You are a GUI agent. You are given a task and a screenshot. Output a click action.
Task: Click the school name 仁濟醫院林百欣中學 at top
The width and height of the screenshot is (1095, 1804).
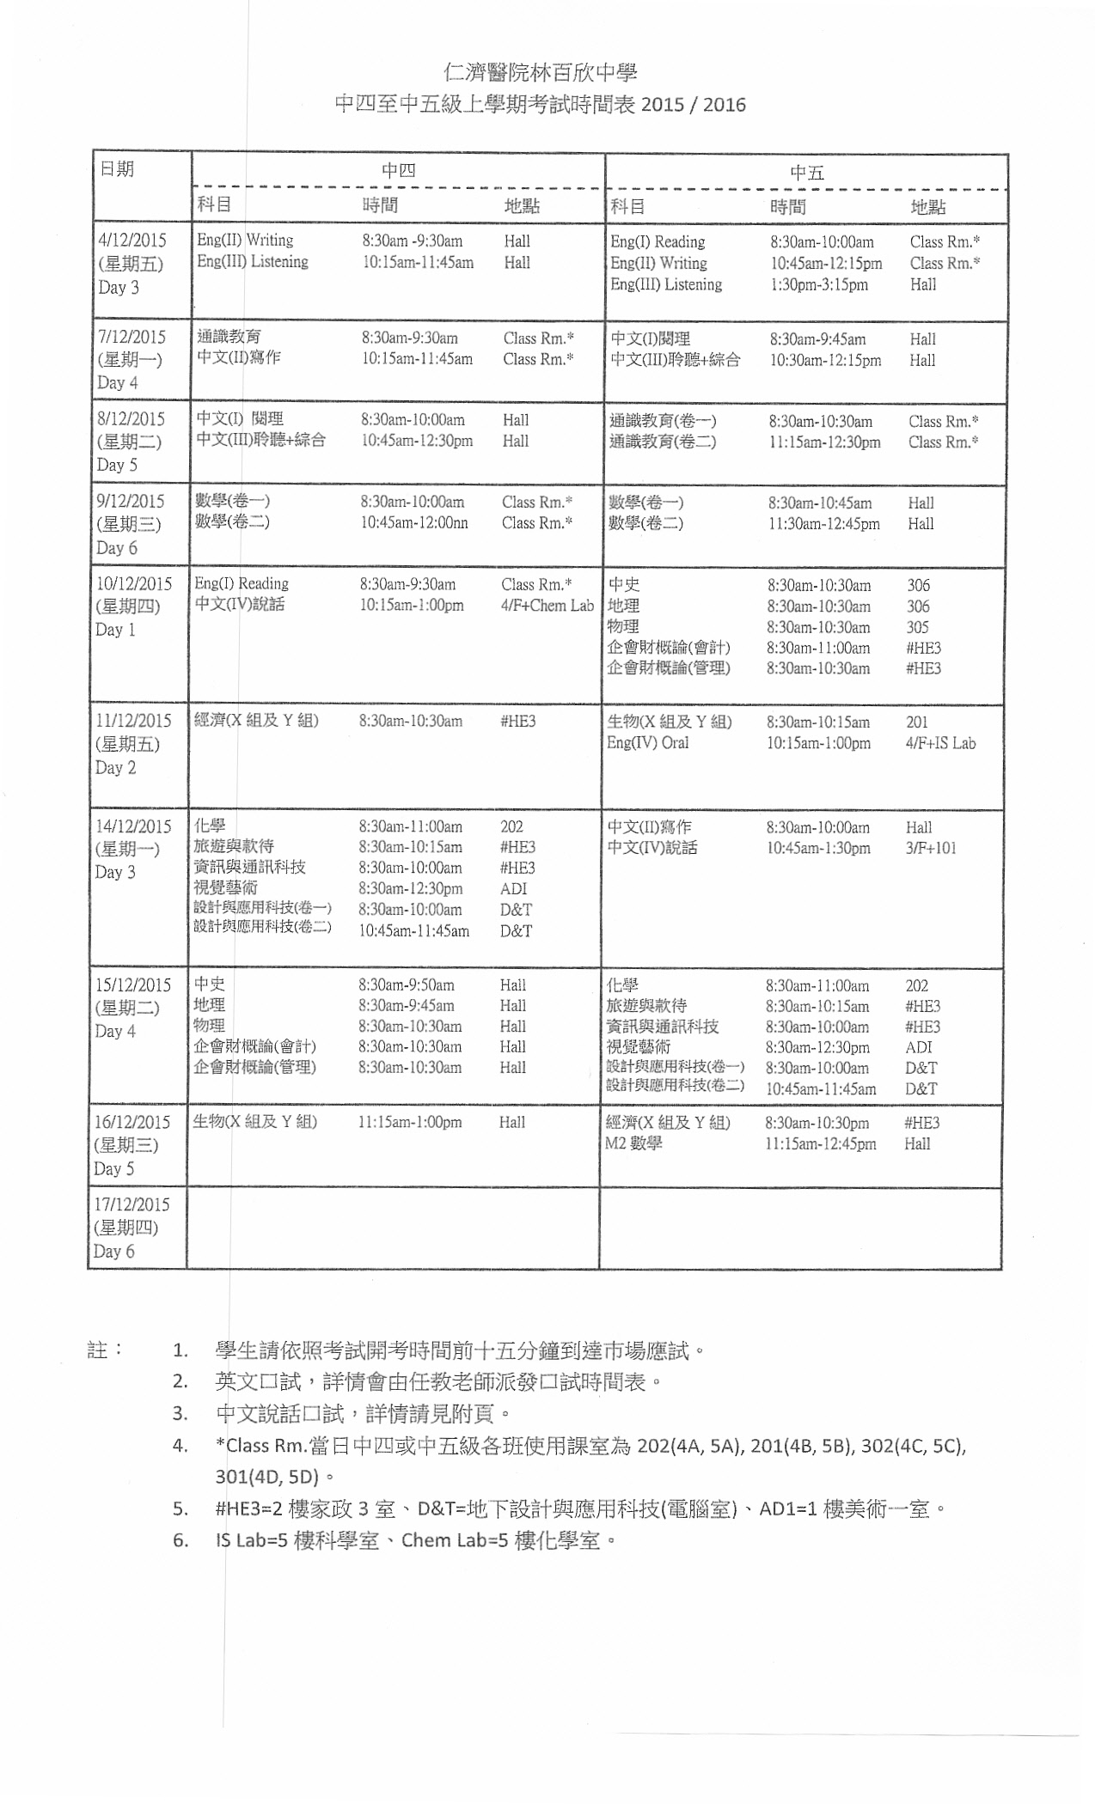click(541, 72)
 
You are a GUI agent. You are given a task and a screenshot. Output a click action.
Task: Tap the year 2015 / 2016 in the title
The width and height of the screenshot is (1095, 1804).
click(693, 105)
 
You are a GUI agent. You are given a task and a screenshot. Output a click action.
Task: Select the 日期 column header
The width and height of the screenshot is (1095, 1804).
click(117, 169)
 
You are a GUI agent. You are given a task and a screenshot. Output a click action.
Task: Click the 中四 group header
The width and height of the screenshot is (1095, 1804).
click(398, 171)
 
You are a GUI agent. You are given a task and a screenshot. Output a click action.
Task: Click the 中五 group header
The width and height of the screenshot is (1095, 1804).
click(806, 173)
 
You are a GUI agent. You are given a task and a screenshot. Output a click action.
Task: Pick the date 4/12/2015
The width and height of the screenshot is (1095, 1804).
click(132, 241)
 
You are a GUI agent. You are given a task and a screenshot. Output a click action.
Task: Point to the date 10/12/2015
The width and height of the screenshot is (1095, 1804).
click(134, 584)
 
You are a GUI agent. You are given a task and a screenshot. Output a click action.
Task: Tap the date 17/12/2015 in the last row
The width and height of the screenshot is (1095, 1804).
click(132, 1204)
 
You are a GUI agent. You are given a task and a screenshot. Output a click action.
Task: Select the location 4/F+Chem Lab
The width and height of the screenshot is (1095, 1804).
click(547, 606)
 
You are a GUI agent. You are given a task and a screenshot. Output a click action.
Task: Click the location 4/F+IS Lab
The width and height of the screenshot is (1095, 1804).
click(940, 743)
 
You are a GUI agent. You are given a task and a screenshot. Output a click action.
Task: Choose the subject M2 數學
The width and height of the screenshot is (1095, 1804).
click(633, 1143)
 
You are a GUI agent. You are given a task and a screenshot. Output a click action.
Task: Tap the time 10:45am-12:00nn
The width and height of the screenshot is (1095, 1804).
click(414, 522)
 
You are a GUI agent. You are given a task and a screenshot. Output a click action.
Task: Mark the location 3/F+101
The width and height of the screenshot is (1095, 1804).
click(931, 848)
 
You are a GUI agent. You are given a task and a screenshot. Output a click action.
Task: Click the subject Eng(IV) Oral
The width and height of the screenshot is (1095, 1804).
click(647, 743)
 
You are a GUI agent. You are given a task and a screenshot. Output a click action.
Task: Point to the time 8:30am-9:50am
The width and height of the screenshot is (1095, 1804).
click(407, 985)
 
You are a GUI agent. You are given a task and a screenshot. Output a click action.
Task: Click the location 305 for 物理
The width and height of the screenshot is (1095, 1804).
click(918, 627)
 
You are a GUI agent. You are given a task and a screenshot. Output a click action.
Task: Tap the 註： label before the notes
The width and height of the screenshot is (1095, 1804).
click(105, 1350)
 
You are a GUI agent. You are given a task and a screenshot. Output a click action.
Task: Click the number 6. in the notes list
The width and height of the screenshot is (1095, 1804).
click(180, 1540)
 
